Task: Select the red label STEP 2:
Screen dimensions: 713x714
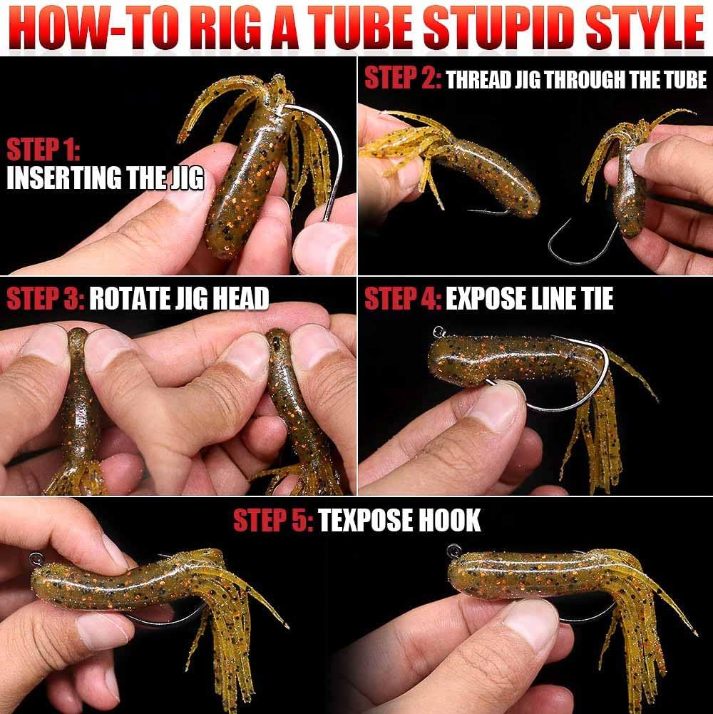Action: tap(402, 78)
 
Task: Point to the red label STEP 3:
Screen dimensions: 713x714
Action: tap(46, 299)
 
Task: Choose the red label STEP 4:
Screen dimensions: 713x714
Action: tap(403, 299)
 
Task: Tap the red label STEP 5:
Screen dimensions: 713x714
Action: tap(273, 520)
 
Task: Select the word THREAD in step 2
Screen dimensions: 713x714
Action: tap(478, 79)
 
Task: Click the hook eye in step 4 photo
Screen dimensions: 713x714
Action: tap(439, 332)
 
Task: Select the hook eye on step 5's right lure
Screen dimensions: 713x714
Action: tap(453, 551)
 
